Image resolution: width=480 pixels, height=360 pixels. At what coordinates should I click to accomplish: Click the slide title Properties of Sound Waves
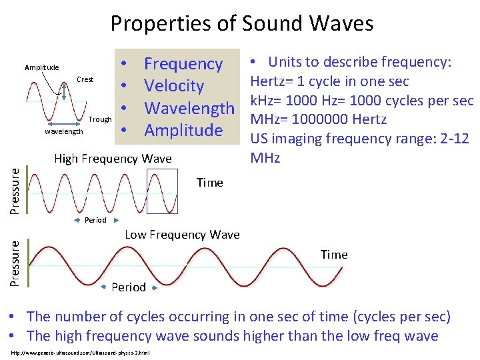tap(241, 24)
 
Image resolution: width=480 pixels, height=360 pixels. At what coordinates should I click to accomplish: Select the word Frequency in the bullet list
tap(183, 64)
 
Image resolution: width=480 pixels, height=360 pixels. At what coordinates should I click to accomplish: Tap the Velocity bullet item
tap(174, 86)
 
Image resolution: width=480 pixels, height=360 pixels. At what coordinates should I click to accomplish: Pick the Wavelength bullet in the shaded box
tap(189, 108)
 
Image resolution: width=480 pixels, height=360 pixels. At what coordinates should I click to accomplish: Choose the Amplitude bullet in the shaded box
tap(183, 130)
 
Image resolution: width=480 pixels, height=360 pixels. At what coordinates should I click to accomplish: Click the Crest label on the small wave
tap(85, 79)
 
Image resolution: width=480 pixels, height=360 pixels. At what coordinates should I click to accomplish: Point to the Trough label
tap(100, 119)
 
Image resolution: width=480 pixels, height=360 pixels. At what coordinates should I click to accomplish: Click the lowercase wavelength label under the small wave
tap(63, 131)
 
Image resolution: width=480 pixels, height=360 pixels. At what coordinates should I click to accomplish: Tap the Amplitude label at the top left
tap(41, 67)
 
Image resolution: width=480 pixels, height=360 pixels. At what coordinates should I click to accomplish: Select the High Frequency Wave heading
tap(113, 159)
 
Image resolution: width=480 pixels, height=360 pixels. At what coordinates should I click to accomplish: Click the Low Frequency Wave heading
tap(182, 234)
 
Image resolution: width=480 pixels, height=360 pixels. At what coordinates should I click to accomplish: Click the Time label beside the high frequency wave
tap(209, 183)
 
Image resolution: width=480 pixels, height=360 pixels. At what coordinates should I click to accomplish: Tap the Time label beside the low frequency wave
tap(333, 255)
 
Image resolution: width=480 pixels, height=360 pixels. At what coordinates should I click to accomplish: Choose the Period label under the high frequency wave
tap(95, 220)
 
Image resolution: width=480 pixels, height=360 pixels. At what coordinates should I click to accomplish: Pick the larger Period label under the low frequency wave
tap(128, 287)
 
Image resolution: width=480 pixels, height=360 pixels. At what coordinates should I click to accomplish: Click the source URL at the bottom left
tap(81, 351)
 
